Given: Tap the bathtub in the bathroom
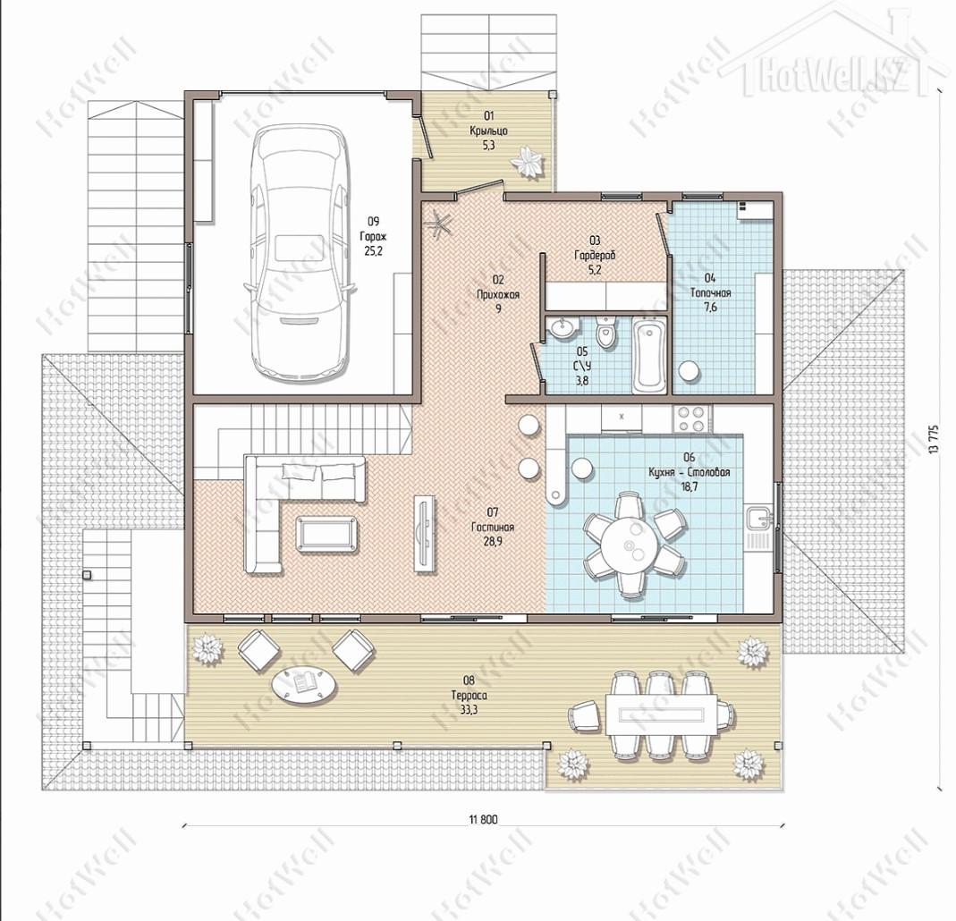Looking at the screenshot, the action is pos(648,357).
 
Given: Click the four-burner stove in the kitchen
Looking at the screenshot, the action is pos(691,418).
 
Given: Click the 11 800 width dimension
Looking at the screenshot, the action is pos(484,819).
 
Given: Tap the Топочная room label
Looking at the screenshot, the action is pos(710,293).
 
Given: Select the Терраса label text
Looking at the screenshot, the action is pos(469,696).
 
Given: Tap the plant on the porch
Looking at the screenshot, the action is pos(527,163).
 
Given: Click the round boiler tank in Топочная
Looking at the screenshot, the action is pos(690,370).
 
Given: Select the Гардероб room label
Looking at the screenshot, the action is pos(595,256).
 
